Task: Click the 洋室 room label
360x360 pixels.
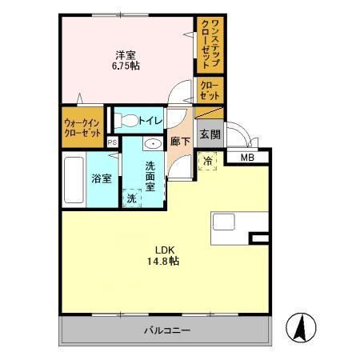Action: tap(125, 55)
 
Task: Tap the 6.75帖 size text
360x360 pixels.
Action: tap(125, 67)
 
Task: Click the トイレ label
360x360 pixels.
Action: tap(151, 121)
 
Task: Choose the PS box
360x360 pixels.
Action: tap(113, 142)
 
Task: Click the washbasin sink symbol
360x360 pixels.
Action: tap(151, 144)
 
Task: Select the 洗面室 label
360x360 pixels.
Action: tap(154, 172)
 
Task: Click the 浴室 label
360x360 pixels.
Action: tap(101, 178)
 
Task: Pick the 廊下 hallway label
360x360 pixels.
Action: tap(180, 141)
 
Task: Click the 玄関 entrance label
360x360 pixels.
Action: tap(210, 134)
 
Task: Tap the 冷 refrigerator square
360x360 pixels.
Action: tap(207, 160)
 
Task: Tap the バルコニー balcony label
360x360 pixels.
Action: tap(166, 330)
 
